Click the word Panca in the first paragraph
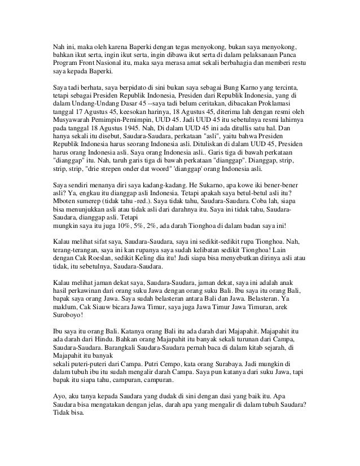click(x=295, y=55)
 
